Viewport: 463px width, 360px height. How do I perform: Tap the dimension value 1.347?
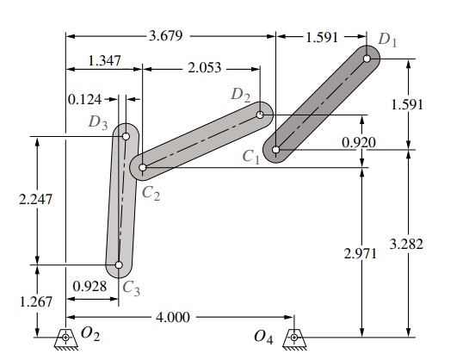(103, 62)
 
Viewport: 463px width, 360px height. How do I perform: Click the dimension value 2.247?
(36, 199)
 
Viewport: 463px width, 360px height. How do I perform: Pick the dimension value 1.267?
(36, 302)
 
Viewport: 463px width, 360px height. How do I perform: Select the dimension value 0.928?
(90, 285)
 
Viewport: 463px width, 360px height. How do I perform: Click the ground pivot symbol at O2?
(65, 338)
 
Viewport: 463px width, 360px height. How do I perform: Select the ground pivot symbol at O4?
(295, 338)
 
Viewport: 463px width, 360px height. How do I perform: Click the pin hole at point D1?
(367, 59)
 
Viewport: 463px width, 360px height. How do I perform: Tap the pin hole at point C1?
(276, 150)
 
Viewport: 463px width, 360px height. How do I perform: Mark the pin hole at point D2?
(260, 114)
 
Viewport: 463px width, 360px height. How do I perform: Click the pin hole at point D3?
(127, 136)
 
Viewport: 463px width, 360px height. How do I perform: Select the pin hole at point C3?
(119, 265)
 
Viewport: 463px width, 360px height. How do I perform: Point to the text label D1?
(388, 39)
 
